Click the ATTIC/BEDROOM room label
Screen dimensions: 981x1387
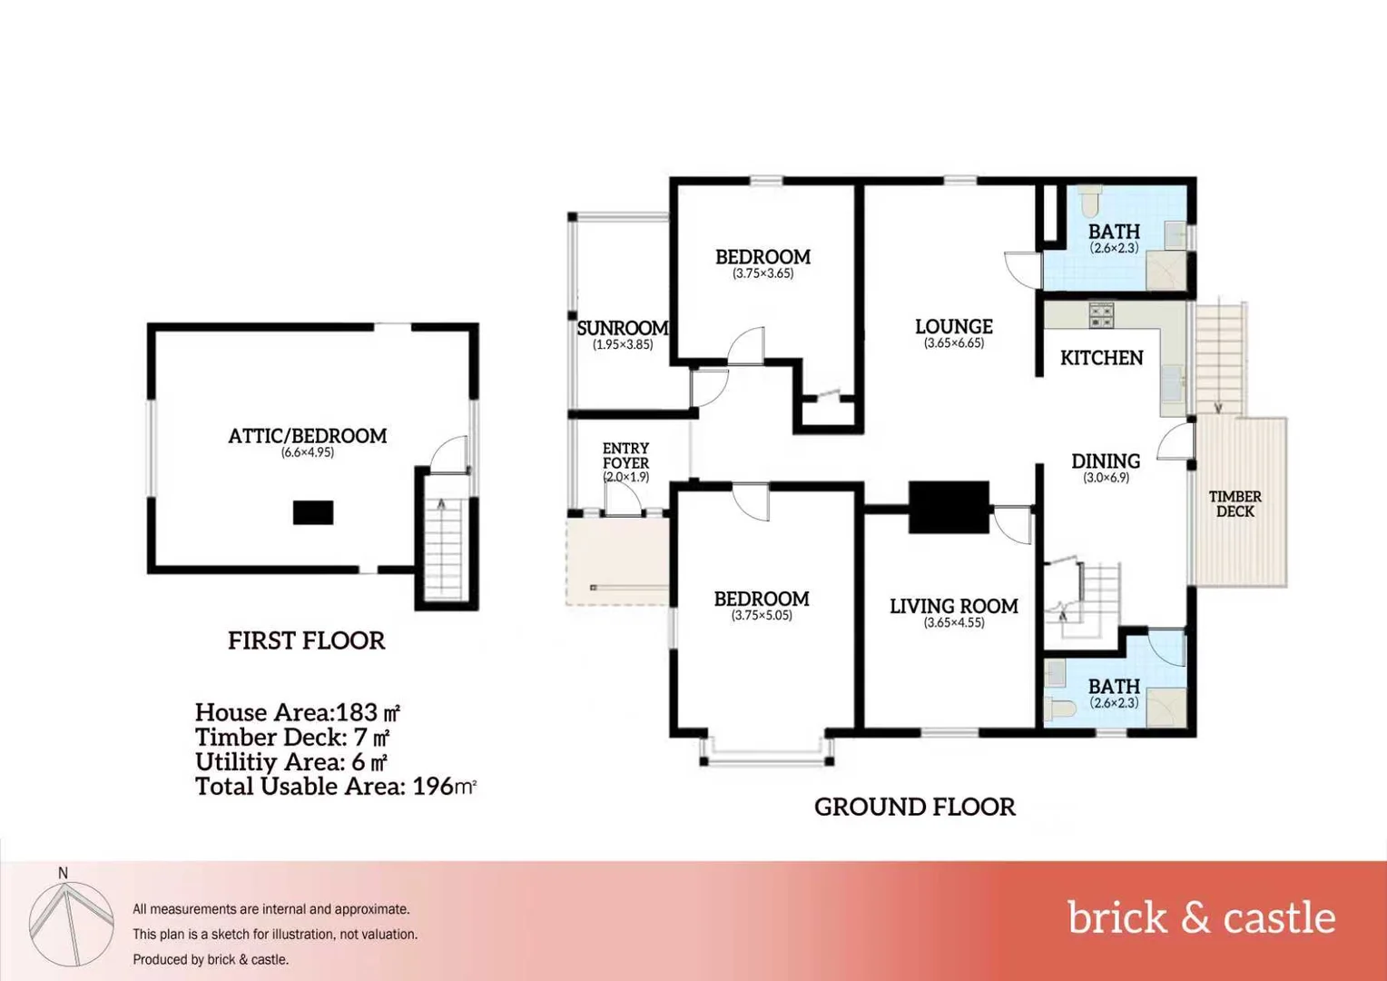pyautogui.click(x=307, y=436)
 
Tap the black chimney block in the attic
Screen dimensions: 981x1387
pyautogui.click(x=312, y=512)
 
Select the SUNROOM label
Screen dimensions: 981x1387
pyautogui.click(x=623, y=328)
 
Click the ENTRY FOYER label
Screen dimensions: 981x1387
pyautogui.click(x=625, y=455)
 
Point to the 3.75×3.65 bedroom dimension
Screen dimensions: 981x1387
pyautogui.click(x=762, y=273)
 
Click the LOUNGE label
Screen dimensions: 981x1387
pyautogui.click(x=953, y=326)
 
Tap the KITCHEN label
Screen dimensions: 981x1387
pyautogui.click(x=1101, y=358)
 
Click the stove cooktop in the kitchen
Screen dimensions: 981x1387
pyautogui.click(x=1101, y=315)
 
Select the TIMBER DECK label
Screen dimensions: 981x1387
pyautogui.click(x=1235, y=504)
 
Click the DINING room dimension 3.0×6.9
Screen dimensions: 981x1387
pyautogui.click(x=1106, y=478)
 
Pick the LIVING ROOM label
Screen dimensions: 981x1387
pyautogui.click(x=953, y=606)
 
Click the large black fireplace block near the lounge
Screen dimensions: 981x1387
pyautogui.click(x=949, y=507)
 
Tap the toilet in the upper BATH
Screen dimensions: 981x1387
pyautogui.click(x=1090, y=199)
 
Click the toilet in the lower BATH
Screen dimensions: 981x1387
pyautogui.click(x=1059, y=707)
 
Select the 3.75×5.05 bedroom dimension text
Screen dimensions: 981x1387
pyautogui.click(x=762, y=616)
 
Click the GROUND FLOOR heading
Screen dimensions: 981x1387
pyautogui.click(x=914, y=807)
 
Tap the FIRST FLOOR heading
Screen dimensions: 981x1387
pyautogui.click(x=306, y=640)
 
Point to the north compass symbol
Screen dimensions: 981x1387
pyautogui.click(x=70, y=922)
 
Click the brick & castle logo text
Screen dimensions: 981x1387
pyautogui.click(x=1200, y=917)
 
